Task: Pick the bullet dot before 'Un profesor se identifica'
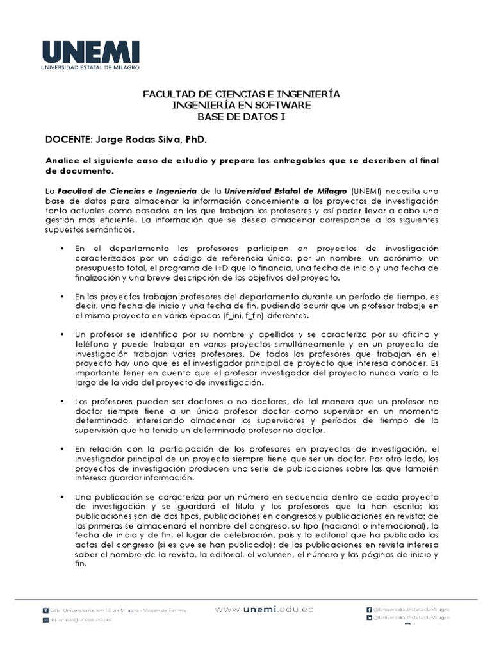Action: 61,335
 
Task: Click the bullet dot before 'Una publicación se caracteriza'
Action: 61,497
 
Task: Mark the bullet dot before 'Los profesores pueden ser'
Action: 61,401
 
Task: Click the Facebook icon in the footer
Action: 369,610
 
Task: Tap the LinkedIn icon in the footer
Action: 369,618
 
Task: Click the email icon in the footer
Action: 45,620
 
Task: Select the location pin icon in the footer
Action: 45,611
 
